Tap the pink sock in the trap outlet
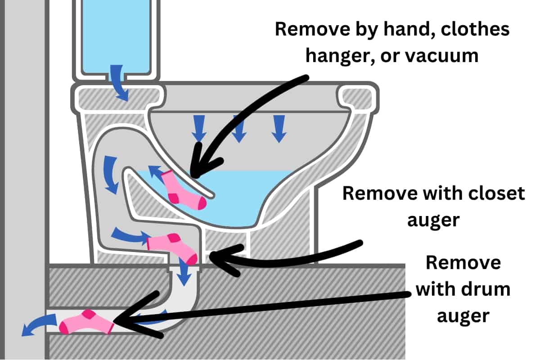click(x=173, y=246)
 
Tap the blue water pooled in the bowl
click(x=243, y=198)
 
